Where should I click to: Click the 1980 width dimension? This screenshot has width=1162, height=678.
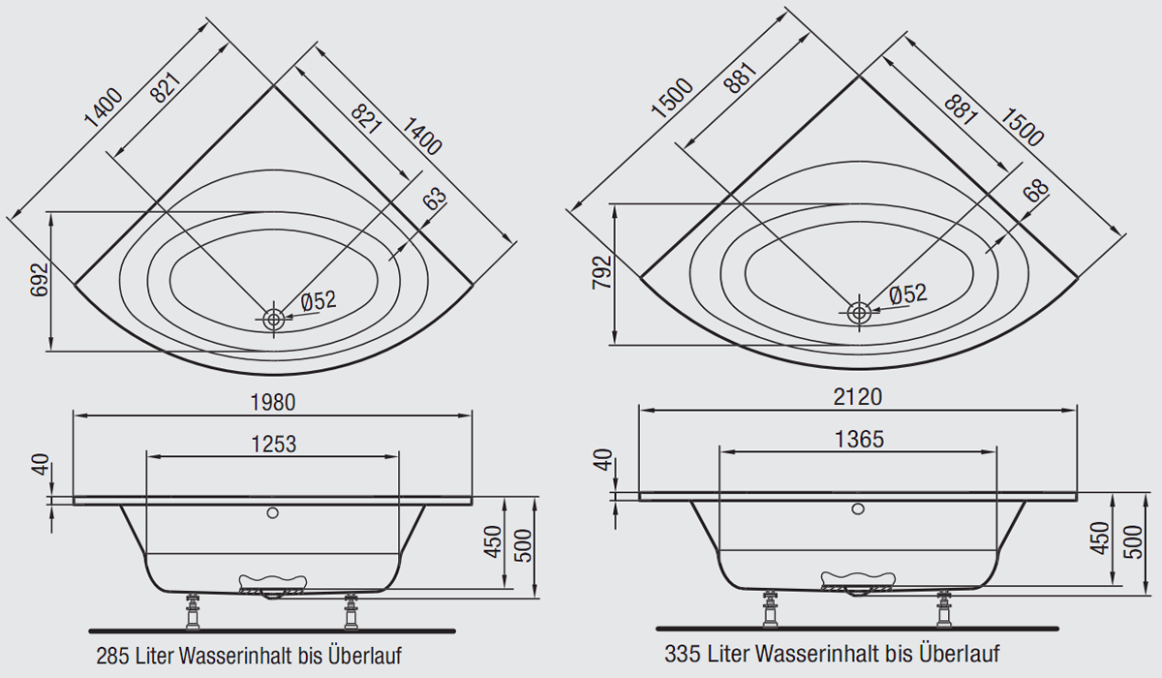tap(273, 403)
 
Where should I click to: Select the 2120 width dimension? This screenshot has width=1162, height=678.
tap(858, 397)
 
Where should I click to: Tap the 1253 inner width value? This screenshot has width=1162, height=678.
tap(273, 445)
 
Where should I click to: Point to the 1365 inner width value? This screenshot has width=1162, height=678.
tap(859, 440)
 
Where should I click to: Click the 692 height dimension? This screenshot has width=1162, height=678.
tap(40, 280)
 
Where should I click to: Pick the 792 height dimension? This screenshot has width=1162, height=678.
tap(602, 272)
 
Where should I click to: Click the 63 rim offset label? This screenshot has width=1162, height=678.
tap(434, 199)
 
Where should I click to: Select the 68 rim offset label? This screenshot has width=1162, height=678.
tap(1036, 191)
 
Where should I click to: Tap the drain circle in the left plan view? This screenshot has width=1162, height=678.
tap(273, 319)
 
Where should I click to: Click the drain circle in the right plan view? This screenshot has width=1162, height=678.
tap(859, 313)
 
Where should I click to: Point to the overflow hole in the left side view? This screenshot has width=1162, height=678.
tap(272, 513)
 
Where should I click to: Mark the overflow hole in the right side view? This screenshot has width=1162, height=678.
tap(858, 508)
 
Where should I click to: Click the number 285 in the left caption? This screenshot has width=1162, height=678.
tap(112, 657)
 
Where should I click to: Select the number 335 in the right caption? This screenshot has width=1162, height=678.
tap(682, 654)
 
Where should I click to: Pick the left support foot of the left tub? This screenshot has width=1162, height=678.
tap(193, 610)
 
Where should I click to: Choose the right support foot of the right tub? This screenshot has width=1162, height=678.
tap(943, 608)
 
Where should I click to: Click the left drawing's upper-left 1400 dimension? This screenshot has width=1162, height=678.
tap(104, 108)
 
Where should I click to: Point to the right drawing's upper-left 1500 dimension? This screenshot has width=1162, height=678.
tap(672, 98)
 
